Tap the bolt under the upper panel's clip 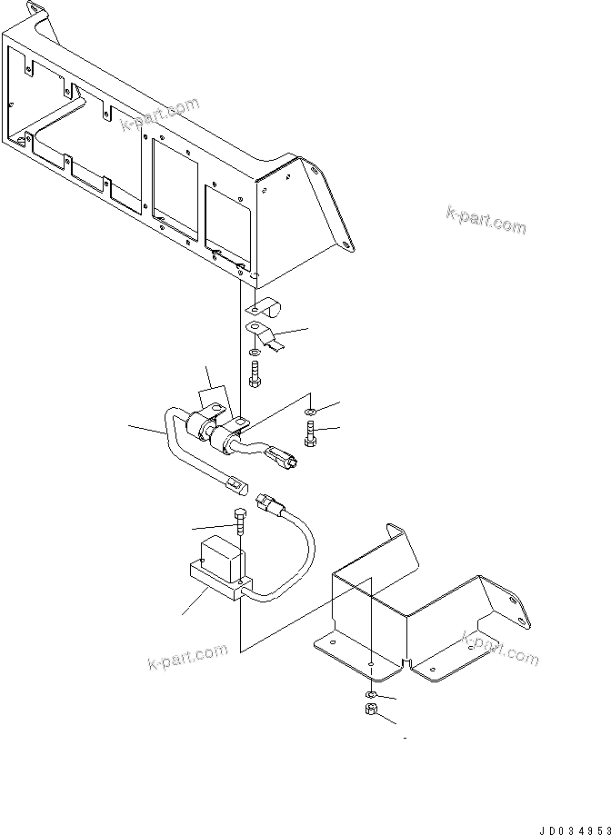click(x=253, y=373)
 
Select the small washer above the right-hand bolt click(x=311, y=412)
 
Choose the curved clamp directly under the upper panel click(x=265, y=308)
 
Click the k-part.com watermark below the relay click(x=187, y=656)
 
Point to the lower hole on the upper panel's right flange click(x=347, y=243)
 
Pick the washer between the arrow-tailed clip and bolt click(x=254, y=351)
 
